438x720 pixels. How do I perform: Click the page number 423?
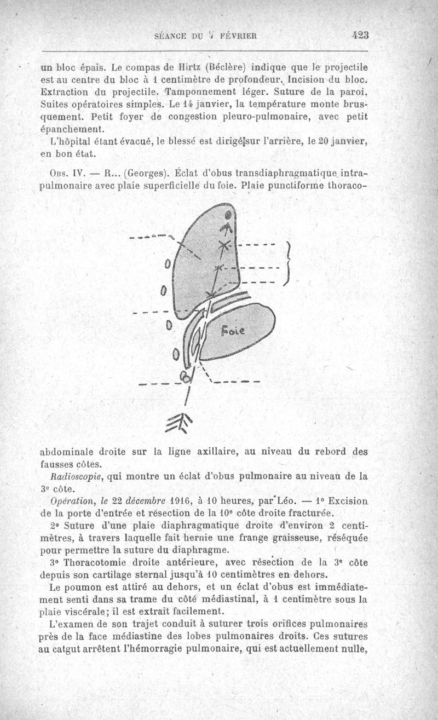pyautogui.click(x=361, y=35)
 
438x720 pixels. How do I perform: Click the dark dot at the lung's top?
pyautogui.click(x=228, y=215)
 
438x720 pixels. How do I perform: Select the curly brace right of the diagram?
pyautogui.click(x=286, y=264)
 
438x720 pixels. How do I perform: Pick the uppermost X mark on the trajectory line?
pyautogui.click(x=224, y=228)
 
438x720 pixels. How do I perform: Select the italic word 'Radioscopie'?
pyautogui.click(x=76, y=476)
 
